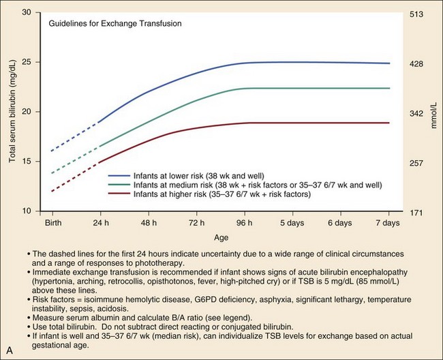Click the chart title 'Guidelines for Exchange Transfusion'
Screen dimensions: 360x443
[114, 23]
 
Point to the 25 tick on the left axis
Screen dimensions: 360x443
[28, 62]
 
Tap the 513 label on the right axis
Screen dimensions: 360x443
[415, 14]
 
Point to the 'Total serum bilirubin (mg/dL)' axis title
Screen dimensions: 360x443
[12, 112]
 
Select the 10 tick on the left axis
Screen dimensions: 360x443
[28, 211]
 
